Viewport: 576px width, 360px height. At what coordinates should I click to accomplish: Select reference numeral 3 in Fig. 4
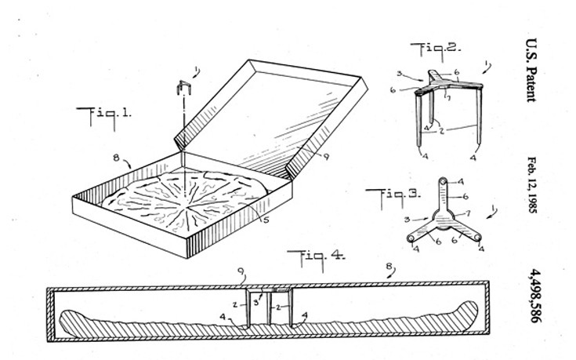[x=255, y=301]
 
